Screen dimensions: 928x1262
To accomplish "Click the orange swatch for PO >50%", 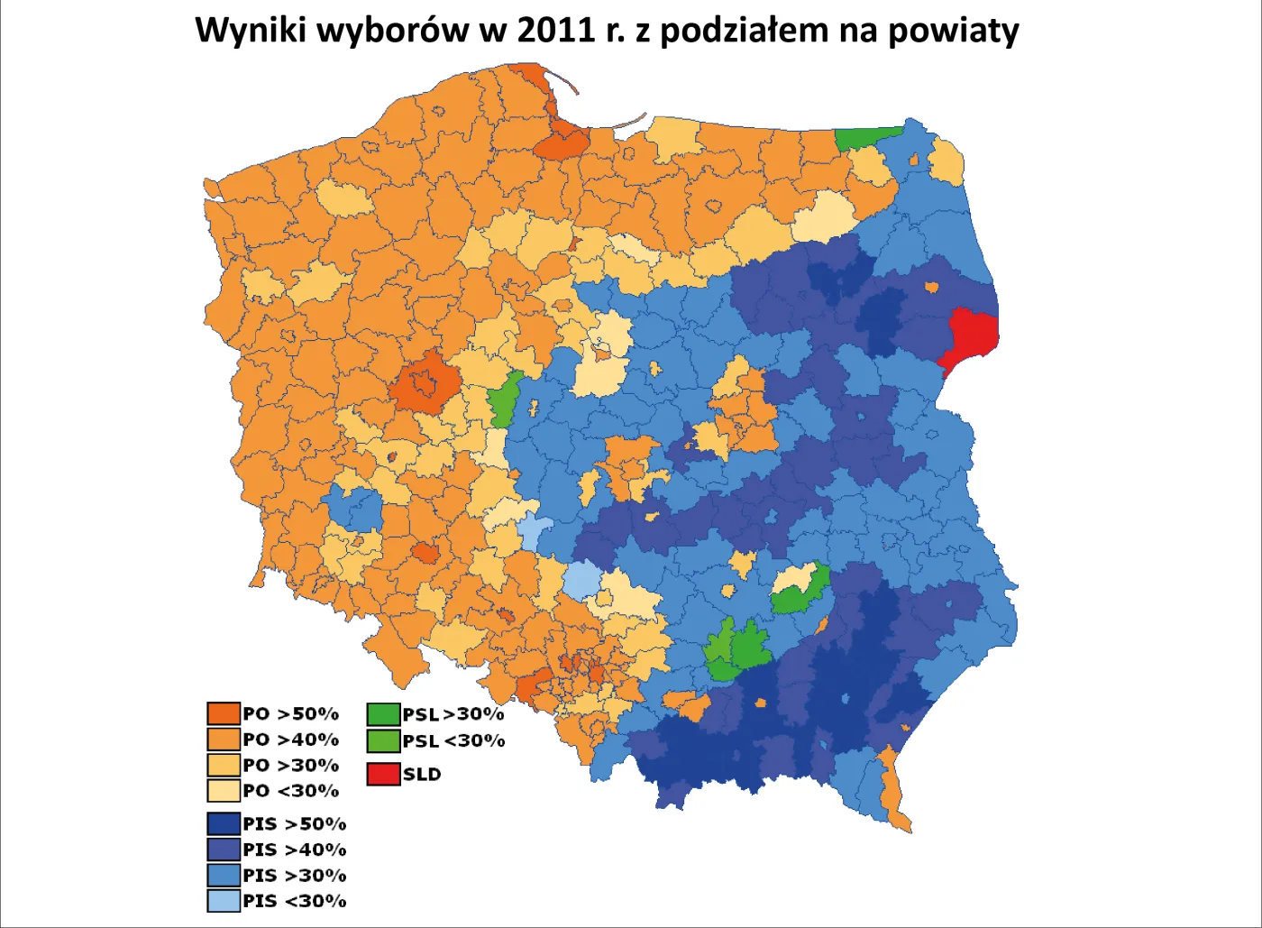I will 224,714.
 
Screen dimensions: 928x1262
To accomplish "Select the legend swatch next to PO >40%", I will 224,740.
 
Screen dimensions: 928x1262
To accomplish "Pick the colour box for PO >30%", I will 224,766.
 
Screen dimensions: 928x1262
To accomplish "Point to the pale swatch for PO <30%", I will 224,791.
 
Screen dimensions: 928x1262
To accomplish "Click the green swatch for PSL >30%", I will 383,714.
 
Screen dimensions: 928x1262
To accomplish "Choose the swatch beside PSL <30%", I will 383,741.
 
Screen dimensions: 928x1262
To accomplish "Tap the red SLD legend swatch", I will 383,774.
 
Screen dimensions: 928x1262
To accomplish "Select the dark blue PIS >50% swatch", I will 224,824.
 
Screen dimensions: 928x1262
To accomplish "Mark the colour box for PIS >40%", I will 224,850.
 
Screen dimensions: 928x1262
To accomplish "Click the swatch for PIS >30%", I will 224,875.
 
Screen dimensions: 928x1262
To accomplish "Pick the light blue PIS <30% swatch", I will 224,901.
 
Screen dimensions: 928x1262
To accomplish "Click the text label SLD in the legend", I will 422,775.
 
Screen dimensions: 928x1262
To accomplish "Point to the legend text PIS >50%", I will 295,824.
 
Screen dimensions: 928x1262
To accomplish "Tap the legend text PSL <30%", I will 453,741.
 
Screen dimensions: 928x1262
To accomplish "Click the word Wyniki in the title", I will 250,31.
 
